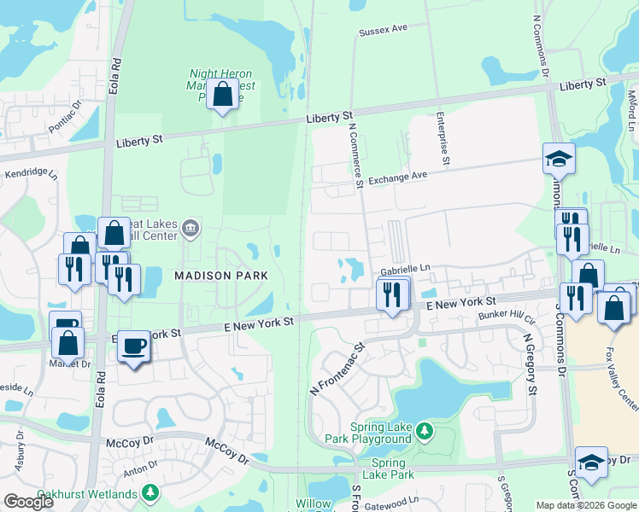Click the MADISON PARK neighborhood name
(x=221, y=276)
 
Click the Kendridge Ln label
(x=31, y=175)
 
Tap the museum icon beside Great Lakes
(x=190, y=227)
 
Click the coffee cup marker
(x=132, y=346)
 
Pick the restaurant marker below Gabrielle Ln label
(x=392, y=295)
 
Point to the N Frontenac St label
(x=336, y=368)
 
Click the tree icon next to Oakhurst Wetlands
(x=150, y=492)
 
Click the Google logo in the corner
(x=29, y=503)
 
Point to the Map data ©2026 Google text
(x=586, y=505)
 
